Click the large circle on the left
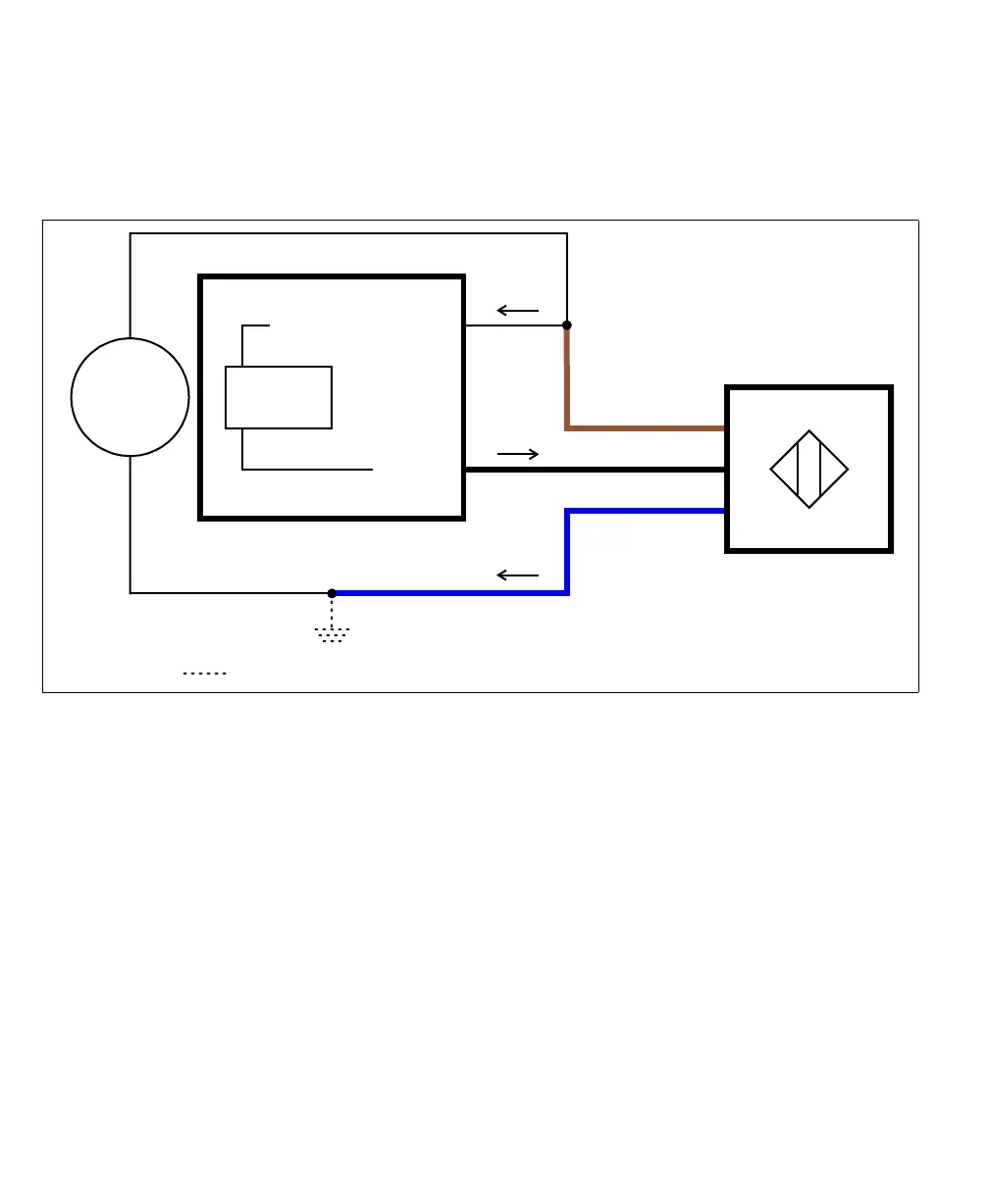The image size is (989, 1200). coord(130,397)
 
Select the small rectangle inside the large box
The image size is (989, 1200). coord(279,397)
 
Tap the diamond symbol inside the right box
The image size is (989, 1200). coord(809,470)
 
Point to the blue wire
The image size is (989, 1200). coord(451,593)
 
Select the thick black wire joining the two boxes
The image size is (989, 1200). coord(595,470)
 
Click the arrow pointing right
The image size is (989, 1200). coord(518,454)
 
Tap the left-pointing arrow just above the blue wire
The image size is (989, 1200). coord(518,575)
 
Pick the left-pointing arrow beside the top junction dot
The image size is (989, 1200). coord(518,311)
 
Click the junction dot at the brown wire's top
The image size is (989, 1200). coord(567,325)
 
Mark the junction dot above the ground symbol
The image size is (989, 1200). coord(332,593)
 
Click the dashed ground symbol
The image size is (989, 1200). coord(332,633)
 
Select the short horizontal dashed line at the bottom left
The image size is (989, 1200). coord(204,674)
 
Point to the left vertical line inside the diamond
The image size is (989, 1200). coord(799,470)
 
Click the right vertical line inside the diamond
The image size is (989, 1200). coord(820,470)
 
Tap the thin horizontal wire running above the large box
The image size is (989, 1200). coord(348,233)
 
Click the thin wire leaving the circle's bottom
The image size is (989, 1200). coord(130,525)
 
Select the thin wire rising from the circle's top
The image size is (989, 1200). coord(130,284)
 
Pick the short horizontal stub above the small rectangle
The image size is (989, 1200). coord(256,325)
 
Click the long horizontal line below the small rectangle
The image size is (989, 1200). coord(307,470)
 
